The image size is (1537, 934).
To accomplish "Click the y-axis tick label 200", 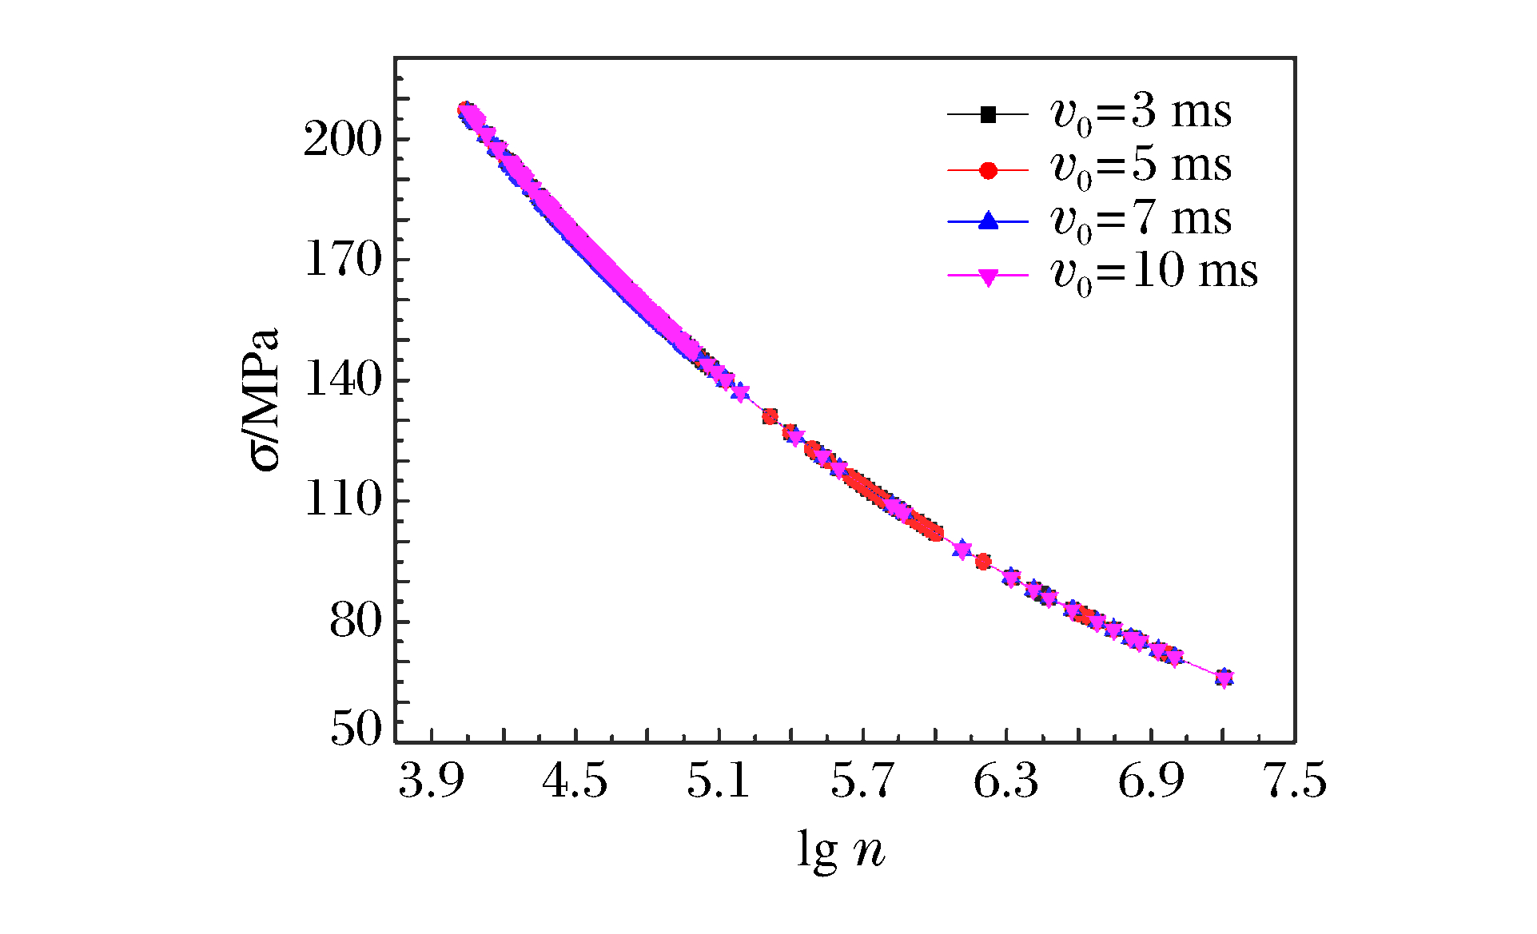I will click(x=343, y=140).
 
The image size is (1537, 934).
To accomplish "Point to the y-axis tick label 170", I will click(x=343, y=260).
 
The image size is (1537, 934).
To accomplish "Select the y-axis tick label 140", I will click(x=343, y=380).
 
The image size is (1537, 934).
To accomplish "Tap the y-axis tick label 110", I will click(x=343, y=501).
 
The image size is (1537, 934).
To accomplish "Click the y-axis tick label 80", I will click(x=356, y=622).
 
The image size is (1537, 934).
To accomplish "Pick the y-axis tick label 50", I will click(x=356, y=729).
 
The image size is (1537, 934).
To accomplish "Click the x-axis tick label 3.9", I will click(x=432, y=781).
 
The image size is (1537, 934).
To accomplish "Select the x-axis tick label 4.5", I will click(x=575, y=781).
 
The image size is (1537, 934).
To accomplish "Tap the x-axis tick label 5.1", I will click(x=719, y=781).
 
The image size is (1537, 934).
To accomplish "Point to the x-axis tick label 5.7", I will click(x=862, y=781).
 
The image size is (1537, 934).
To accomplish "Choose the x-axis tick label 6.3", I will click(x=1006, y=781).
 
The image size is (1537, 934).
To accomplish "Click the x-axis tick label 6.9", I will click(x=1150, y=781).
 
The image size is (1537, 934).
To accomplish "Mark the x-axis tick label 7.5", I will click(x=1294, y=781).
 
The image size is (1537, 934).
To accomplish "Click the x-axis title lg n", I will click(x=841, y=850).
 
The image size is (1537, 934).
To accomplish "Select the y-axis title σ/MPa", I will click(x=265, y=399).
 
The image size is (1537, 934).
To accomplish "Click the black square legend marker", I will click(x=988, y=115).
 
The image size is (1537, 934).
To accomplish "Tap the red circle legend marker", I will click(x=988, y=170).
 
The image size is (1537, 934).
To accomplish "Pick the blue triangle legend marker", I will click(x=988, y=221).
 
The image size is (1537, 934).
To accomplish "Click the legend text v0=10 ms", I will click(x=1154, y=272).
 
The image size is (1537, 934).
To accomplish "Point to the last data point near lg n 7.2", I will click(x=1224, y=678).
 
